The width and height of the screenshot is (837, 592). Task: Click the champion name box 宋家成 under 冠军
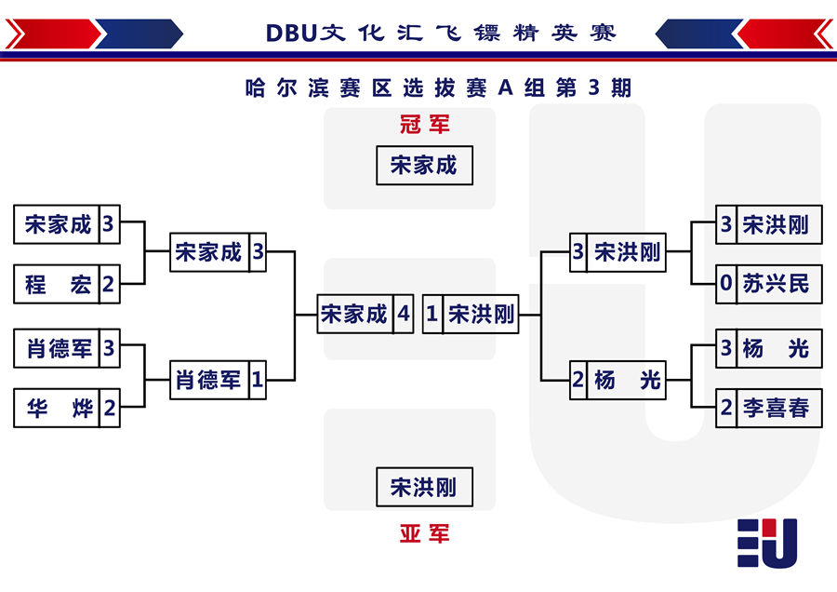[424, 166]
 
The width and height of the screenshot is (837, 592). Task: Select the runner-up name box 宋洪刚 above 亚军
[424, 487]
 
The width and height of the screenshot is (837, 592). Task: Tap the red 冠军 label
[425, 125]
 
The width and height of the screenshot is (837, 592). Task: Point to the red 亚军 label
[425, 533]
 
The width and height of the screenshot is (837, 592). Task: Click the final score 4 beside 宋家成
[404, 315]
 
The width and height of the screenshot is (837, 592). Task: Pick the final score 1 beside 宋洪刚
[432, 315]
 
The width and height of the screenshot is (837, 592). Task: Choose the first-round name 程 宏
[57, 284]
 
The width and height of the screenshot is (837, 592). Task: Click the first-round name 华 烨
[59, 409]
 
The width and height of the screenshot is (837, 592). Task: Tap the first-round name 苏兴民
[777, 284]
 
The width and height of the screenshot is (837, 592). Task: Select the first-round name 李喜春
[777, 409]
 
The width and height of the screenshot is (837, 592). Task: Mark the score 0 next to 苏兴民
[726, 284]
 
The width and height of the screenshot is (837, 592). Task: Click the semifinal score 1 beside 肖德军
[258, 380]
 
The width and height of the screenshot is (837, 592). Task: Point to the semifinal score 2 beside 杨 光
[578, 380]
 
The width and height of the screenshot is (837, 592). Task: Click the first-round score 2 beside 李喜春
[726, 409]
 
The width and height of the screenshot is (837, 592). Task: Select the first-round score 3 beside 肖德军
[109, 348]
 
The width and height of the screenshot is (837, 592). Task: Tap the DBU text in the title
[291, 34]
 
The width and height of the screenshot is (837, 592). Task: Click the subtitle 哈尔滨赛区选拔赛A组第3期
[438, 87]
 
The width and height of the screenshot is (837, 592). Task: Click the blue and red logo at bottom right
[767, 543]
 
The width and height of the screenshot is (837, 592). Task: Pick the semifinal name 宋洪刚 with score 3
[627, 252]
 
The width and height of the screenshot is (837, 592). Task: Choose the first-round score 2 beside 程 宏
[109, 284]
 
